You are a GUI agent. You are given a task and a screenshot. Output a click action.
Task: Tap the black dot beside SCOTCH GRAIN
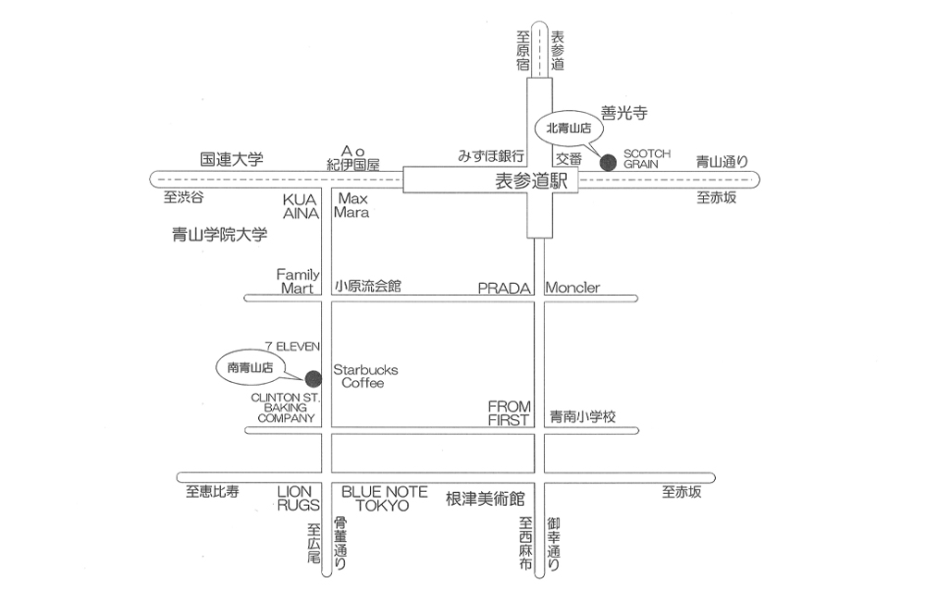pos(608,162)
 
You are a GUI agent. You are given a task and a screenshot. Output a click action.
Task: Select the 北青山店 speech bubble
pos(568,129)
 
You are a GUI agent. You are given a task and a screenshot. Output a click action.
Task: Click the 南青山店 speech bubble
pos(251,367)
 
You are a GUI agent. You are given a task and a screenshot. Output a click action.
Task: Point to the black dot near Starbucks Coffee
pos(313,376)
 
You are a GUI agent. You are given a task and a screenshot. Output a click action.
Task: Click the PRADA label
pos(504,288)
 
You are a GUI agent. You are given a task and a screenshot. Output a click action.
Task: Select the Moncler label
pos(573,288)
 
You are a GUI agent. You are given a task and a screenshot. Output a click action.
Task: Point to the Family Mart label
pos(298,281)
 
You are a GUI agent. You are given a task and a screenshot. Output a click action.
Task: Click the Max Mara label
pos(353,205)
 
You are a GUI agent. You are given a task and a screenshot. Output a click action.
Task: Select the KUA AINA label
pos(301,205)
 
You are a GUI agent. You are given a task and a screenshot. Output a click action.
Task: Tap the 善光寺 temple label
pos(623,113)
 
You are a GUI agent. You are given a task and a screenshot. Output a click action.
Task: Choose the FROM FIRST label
pos(509,412)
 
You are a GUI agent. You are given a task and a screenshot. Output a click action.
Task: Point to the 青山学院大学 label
pos(219,235)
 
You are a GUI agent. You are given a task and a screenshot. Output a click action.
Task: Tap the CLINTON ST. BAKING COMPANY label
pos(285,407)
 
